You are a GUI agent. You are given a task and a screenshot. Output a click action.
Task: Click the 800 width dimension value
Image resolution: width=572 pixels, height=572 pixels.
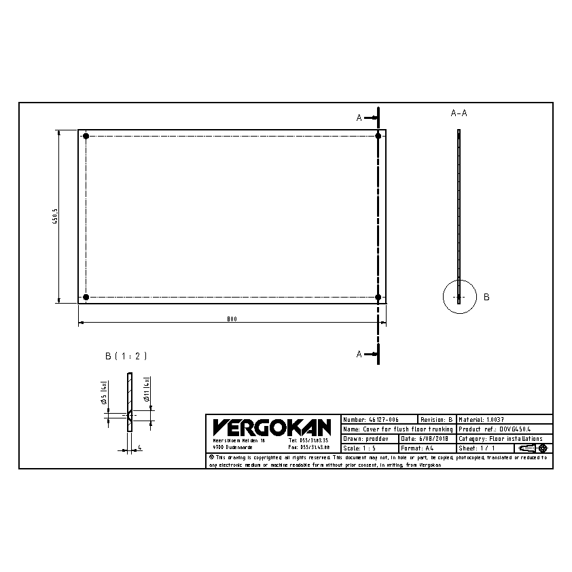[232, 319]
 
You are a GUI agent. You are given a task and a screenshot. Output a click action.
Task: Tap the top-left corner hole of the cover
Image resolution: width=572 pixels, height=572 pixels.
[86, 137]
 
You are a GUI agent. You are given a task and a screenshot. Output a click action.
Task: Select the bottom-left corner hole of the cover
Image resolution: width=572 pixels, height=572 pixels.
[86, 297]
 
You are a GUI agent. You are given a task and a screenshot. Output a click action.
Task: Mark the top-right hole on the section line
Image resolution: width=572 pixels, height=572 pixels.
[378, 137]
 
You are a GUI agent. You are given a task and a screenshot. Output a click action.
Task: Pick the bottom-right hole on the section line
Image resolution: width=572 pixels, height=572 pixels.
[378, 297]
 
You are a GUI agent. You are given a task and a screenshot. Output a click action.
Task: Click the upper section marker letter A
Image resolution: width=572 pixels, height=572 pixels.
[359, 118]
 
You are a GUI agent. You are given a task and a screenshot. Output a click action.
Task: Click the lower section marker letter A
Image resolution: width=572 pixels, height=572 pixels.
[359, 354]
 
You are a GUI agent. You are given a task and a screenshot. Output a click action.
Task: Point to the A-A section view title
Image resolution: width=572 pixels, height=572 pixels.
[459, 113]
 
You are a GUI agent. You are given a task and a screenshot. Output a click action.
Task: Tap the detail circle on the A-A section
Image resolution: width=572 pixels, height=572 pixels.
[460, 297]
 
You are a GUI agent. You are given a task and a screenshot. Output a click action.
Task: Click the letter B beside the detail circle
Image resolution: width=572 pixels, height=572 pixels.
[486, 297]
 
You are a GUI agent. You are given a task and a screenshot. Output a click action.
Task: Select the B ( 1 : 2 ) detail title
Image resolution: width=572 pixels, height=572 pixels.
[126, 356]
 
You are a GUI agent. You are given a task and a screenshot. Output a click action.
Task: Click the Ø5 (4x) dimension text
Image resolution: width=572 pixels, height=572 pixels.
[104, 393]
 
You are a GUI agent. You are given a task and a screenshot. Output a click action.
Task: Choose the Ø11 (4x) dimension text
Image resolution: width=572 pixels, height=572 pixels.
[146, 393]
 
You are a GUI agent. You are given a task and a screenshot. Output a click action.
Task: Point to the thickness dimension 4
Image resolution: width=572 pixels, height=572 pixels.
[139, 448]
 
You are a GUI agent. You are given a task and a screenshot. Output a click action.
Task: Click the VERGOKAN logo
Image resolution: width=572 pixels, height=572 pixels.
[272, 427]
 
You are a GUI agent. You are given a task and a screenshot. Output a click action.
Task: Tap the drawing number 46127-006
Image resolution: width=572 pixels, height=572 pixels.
[382, 421]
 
